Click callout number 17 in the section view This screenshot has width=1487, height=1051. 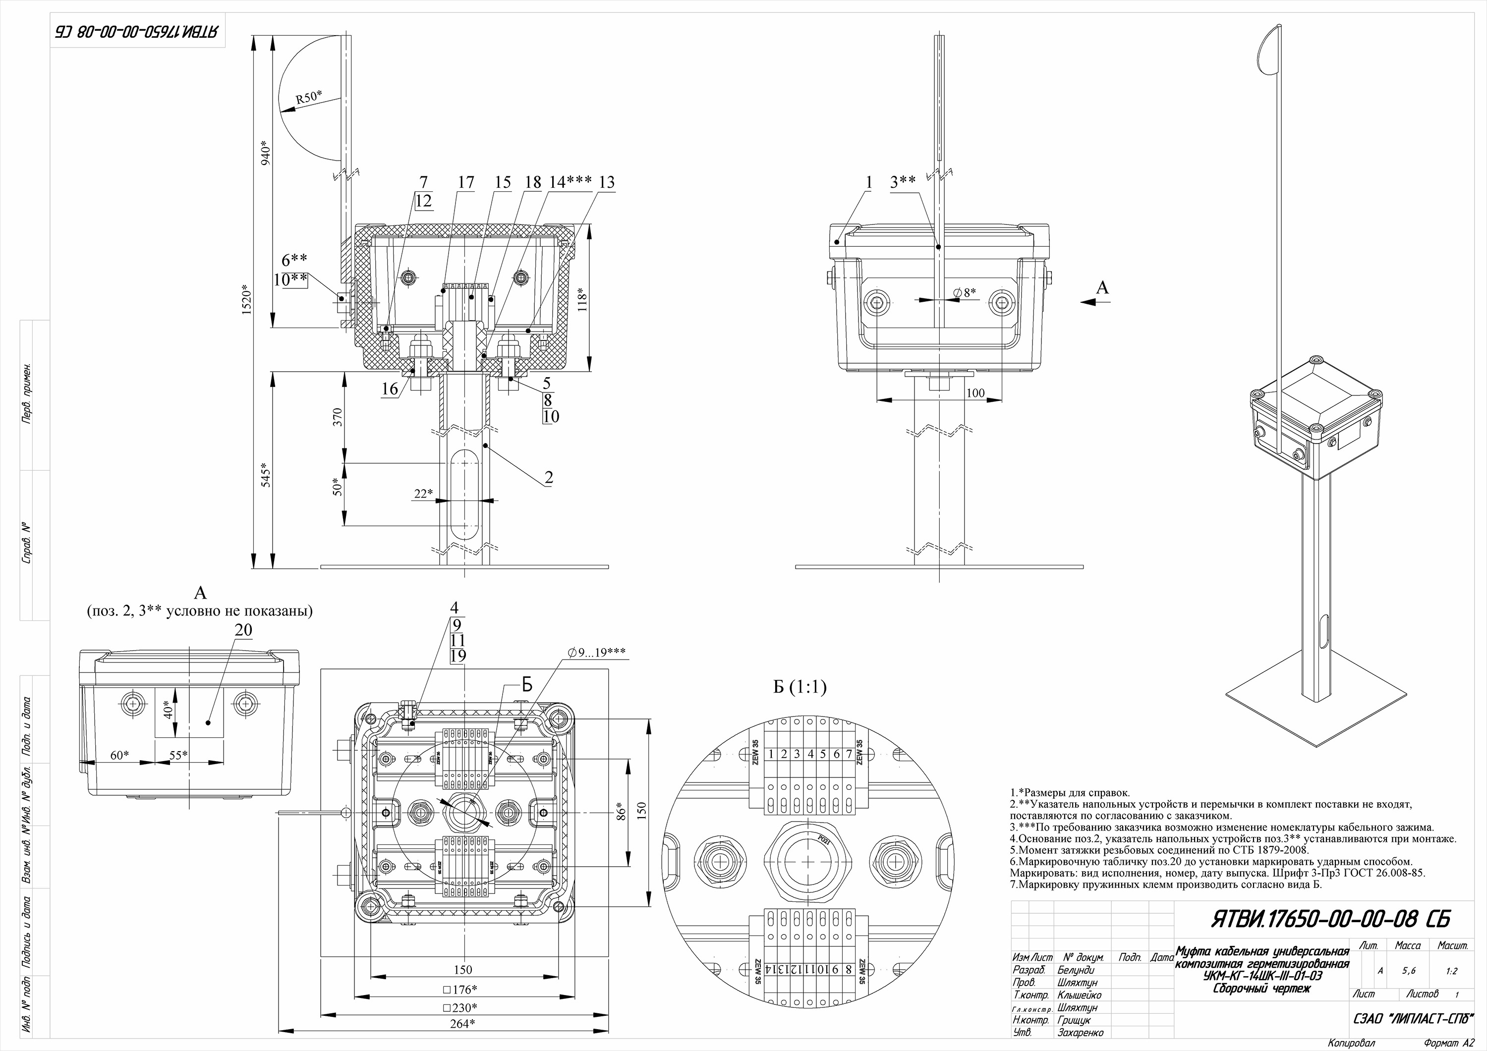(x=465, y=183)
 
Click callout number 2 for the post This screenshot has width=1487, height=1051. (x=549, y=478)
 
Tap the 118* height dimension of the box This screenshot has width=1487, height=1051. (x=583, y=299)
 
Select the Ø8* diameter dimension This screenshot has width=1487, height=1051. (x=965, y=293)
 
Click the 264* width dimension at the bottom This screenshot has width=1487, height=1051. (x=462, y=1023)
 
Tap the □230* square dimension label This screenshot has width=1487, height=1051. (x=460, y=1007)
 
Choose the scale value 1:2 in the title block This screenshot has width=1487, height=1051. (x=1451, y=971)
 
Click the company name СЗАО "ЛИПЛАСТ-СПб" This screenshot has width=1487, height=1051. (x=1413, y=1019)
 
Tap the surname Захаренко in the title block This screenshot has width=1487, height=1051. (x=1080, y=1032)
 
